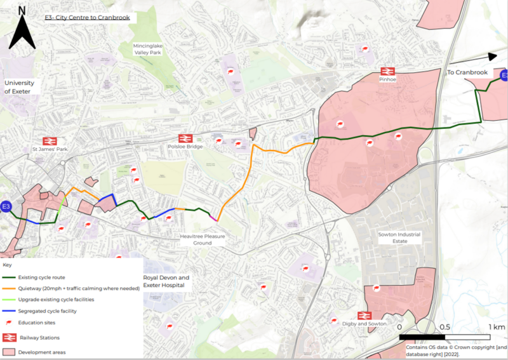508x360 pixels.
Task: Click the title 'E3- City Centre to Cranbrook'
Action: (x=87, y=18)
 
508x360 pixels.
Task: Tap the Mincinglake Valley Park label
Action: (x=149, y=50)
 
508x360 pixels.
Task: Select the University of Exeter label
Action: (x=22, y=87)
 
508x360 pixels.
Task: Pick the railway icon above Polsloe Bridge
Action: (x=185, y=138)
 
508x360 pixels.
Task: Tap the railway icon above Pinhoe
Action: (x=387, y=71)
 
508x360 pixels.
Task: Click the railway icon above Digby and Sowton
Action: (x=364, y=315)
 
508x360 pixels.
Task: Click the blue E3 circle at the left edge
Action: (x=6, y=207)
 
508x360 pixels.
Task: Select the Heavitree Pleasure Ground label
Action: (x=203, y=239)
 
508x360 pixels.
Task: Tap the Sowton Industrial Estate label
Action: (x=399, y=238)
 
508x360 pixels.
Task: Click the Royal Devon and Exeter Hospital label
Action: (x=166, y=282)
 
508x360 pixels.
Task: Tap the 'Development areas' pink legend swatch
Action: (x=10, y=351)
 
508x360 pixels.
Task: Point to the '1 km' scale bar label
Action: (x=497, y=327)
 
